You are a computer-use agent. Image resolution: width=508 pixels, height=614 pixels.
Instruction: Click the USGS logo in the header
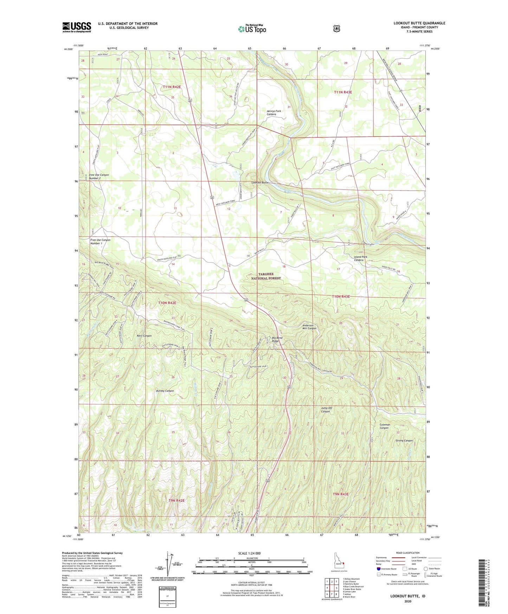pyautogui.click(x=77, y=27)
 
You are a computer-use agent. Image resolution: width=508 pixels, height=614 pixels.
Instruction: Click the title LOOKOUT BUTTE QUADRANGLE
pyautogui.click(x=419, y=23)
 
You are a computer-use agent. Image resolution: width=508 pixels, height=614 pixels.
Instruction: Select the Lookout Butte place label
pyautogui.click(x=260, y=183)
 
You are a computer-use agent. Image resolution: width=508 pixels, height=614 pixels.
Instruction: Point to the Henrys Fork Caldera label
pyautogui.click(x=274, y=113)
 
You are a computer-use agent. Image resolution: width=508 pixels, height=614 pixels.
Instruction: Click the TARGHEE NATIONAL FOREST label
pyautogui.click(x=270, y=276)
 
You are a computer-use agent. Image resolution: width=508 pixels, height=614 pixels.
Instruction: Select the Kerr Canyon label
pyautogui.click(x=144, y=336)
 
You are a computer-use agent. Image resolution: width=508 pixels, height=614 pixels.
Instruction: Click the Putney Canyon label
pyautogui.click(x=165, y=391)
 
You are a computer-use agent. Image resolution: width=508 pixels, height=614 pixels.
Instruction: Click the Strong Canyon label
pyautogui.click(x=404, y=441)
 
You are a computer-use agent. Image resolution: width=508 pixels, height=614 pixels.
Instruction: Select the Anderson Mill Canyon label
pyautogui.click(x=309, y=327)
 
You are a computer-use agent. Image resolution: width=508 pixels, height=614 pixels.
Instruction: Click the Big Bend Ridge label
pyautogui.click(x=277, y=339)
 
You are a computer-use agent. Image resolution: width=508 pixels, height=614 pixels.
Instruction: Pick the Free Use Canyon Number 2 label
pyautogui.click(x=99, y=177)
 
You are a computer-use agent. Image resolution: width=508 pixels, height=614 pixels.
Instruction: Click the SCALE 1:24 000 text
pyautogui.click(x=249, y=553)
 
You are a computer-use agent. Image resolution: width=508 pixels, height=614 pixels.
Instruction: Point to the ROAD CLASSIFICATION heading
pyautogui.click(x=407, y=553)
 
